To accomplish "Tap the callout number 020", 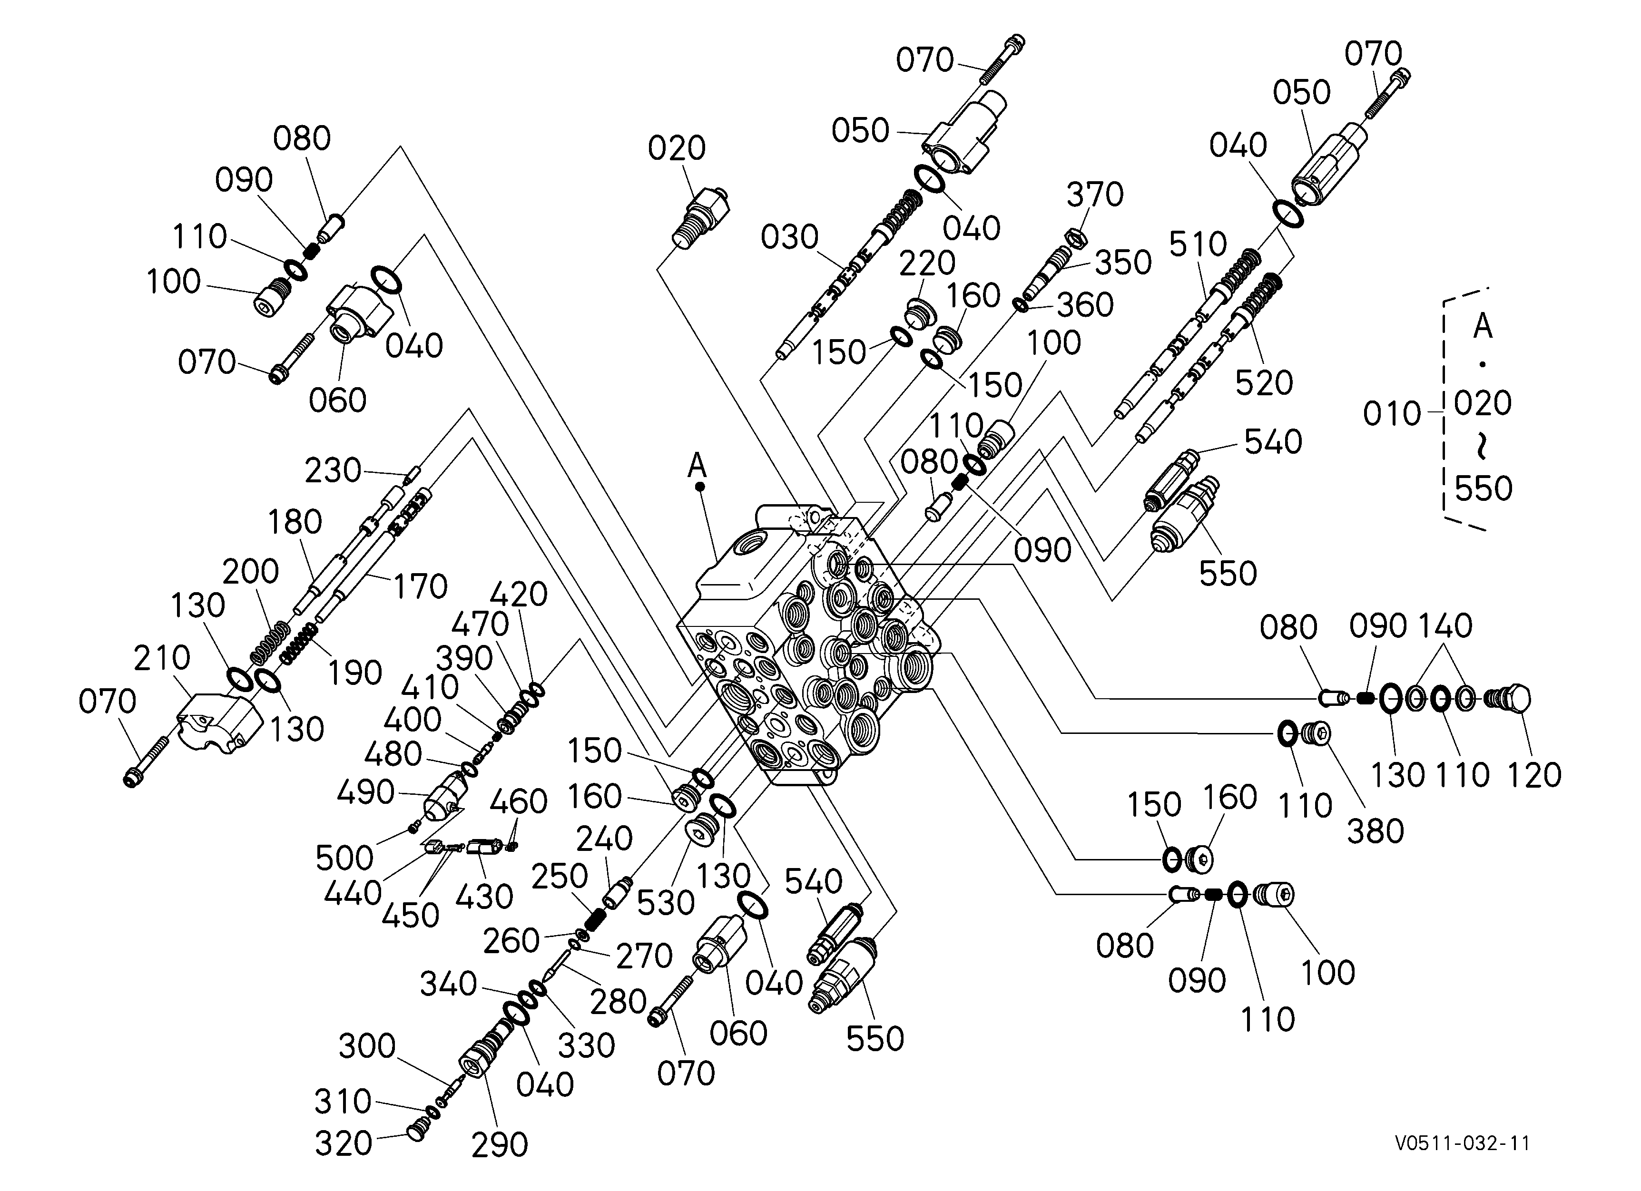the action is pos(677,148).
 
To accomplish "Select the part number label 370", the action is pos(1095,195).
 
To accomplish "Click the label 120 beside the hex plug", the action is pos(1534,775).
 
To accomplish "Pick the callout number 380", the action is pos(1375,831).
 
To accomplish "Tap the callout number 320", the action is pos(343,1143).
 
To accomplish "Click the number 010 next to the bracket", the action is pos(1392,414).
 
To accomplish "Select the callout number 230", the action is pos(333,471).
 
